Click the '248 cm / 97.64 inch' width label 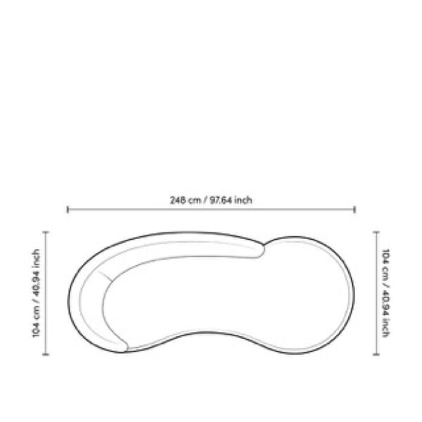click(x=211, y=200)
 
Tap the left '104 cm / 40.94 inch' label click(x=36, y=293)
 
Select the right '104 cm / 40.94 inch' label click(x=385, y=293)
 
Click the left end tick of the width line click(x=68, y=210)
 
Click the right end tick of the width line click(x=354, y=210)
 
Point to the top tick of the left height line click(x=46, y=231)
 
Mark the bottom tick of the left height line click(x=46, y=354)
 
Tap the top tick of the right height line click(x=376, y=231)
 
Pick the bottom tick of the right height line click(x=376, y=354)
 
